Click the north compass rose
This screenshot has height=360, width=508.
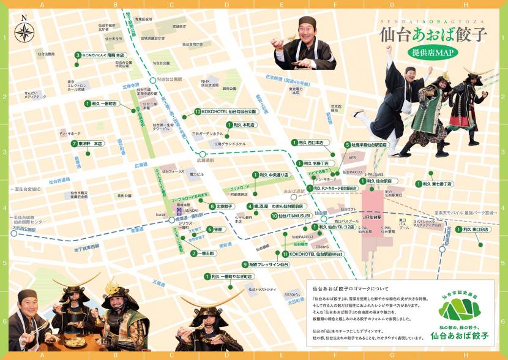coord(24,31)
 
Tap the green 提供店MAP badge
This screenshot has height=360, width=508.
coord(433,53)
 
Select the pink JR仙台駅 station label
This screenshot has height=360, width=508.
coord(372,217)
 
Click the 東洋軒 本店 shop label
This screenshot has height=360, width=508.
coord(90,144)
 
